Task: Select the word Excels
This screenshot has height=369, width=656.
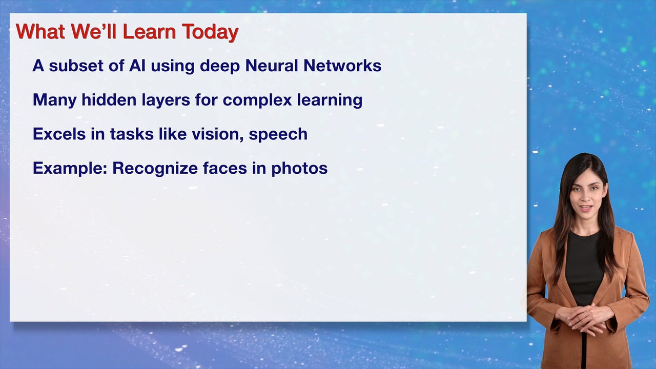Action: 56,134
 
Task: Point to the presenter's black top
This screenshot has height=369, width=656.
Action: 584,266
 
